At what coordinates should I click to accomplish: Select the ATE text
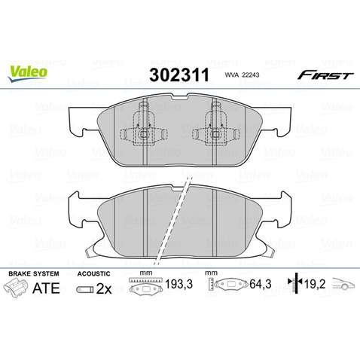click(x=49, y=287)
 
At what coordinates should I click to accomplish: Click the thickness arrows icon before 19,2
click(x=293, y=287)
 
